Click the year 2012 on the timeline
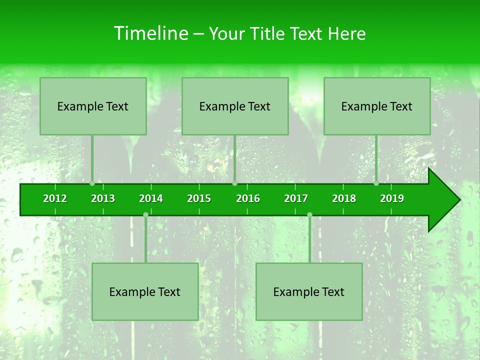click(x=55, y=198)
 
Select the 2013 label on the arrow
click(x=103, y=198)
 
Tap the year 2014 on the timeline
click(x=151, y=198)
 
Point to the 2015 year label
click(x=199, y=198)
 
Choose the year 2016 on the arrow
click(x=248, y=198)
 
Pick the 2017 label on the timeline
click(x=296, y=198)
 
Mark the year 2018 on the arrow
click(x=344, y=198)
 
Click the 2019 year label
click(x=392, y=198)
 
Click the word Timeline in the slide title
click(x=150, y=33)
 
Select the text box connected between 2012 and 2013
click(x=93, y=106)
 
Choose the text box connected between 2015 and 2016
click(x=235, y=106)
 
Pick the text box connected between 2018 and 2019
click(x=377, y=106)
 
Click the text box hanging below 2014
click(x=145, y=291)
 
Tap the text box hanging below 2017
click(x=309, y=291)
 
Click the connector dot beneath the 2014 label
click(x=145, y=215)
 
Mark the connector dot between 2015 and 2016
click(x=234, y=183)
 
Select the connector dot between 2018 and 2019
click(x=376, y=183)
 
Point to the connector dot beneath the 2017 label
click(x=309, y=215)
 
